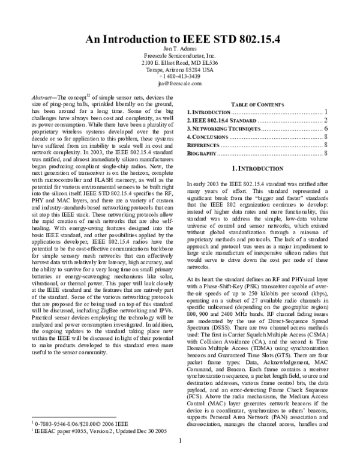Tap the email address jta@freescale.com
coord(179,84)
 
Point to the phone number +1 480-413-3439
coord(179,77)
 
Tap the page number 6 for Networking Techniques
coord(324,129)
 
